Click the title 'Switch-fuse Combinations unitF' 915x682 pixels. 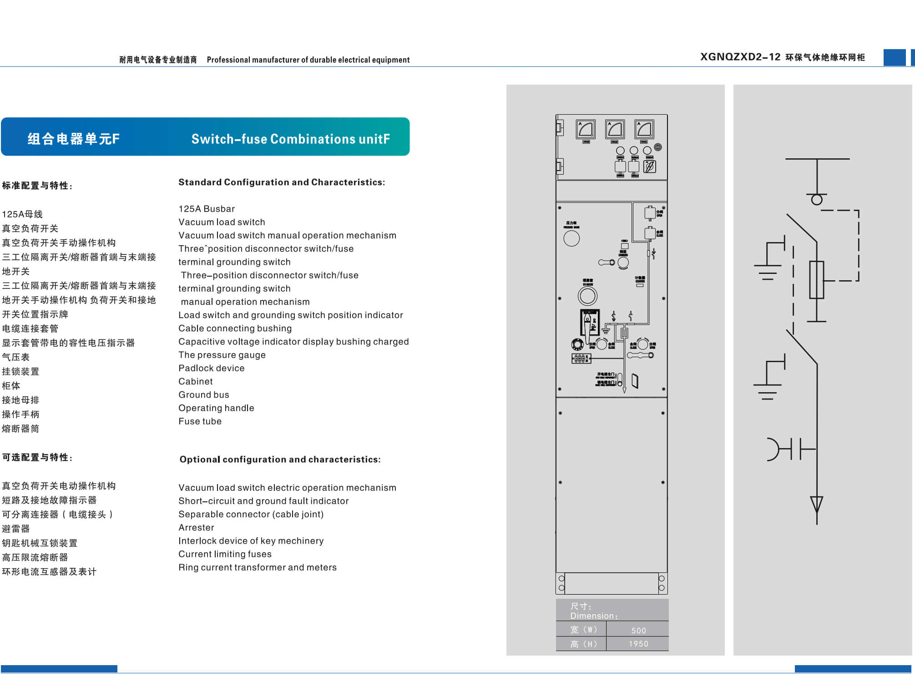click(x=290, y=139)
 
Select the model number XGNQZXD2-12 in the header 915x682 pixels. click(x=740, y=57)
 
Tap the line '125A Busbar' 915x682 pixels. click(x=207, y=209)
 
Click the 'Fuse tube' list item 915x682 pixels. click(x=200, y=421)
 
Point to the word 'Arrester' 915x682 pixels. click(x=196, y=527)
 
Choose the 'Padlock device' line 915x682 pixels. click(x=211, y=368)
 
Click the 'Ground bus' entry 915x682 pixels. click(x=203, y=394)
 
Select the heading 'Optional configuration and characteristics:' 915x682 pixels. click(x=280, y=460)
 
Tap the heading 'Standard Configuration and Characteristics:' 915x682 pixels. click(x=281, y=182)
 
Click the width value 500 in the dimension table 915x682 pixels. click(x=638, y=630)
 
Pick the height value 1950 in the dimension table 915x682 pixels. click(x=638, y=644)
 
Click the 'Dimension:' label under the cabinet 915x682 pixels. click(x=594, y=616)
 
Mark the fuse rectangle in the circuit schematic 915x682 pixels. click(x=817, y=280)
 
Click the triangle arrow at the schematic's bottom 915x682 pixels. click(x=817, y=504)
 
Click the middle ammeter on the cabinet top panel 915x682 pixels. click(x=615, y=129)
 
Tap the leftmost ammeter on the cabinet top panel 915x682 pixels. click(x=586, y=129)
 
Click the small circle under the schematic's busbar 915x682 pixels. click(x=817, y=199)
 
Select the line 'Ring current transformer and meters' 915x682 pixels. click(x=257, y=567)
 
